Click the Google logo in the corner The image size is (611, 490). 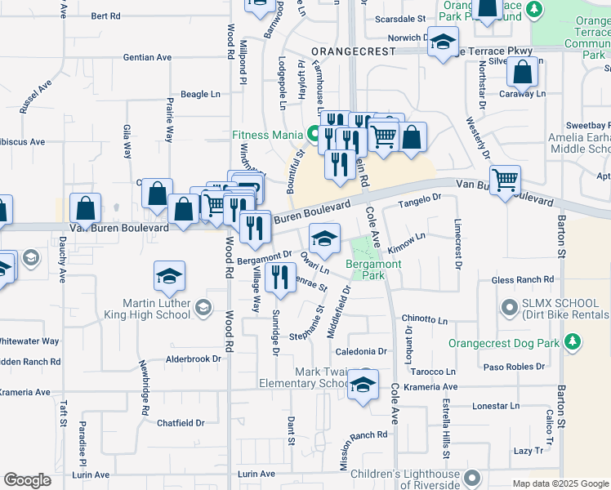[28, 479]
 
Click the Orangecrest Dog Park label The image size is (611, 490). [505, 344]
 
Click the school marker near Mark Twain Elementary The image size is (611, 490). [363, 385]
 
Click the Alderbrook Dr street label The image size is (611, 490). [194, 359]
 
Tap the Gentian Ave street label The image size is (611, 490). [147, 57]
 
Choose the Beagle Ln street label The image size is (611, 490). [200, 95]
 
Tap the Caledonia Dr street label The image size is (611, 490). [359, 352]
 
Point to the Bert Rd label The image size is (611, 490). [105, 16]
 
